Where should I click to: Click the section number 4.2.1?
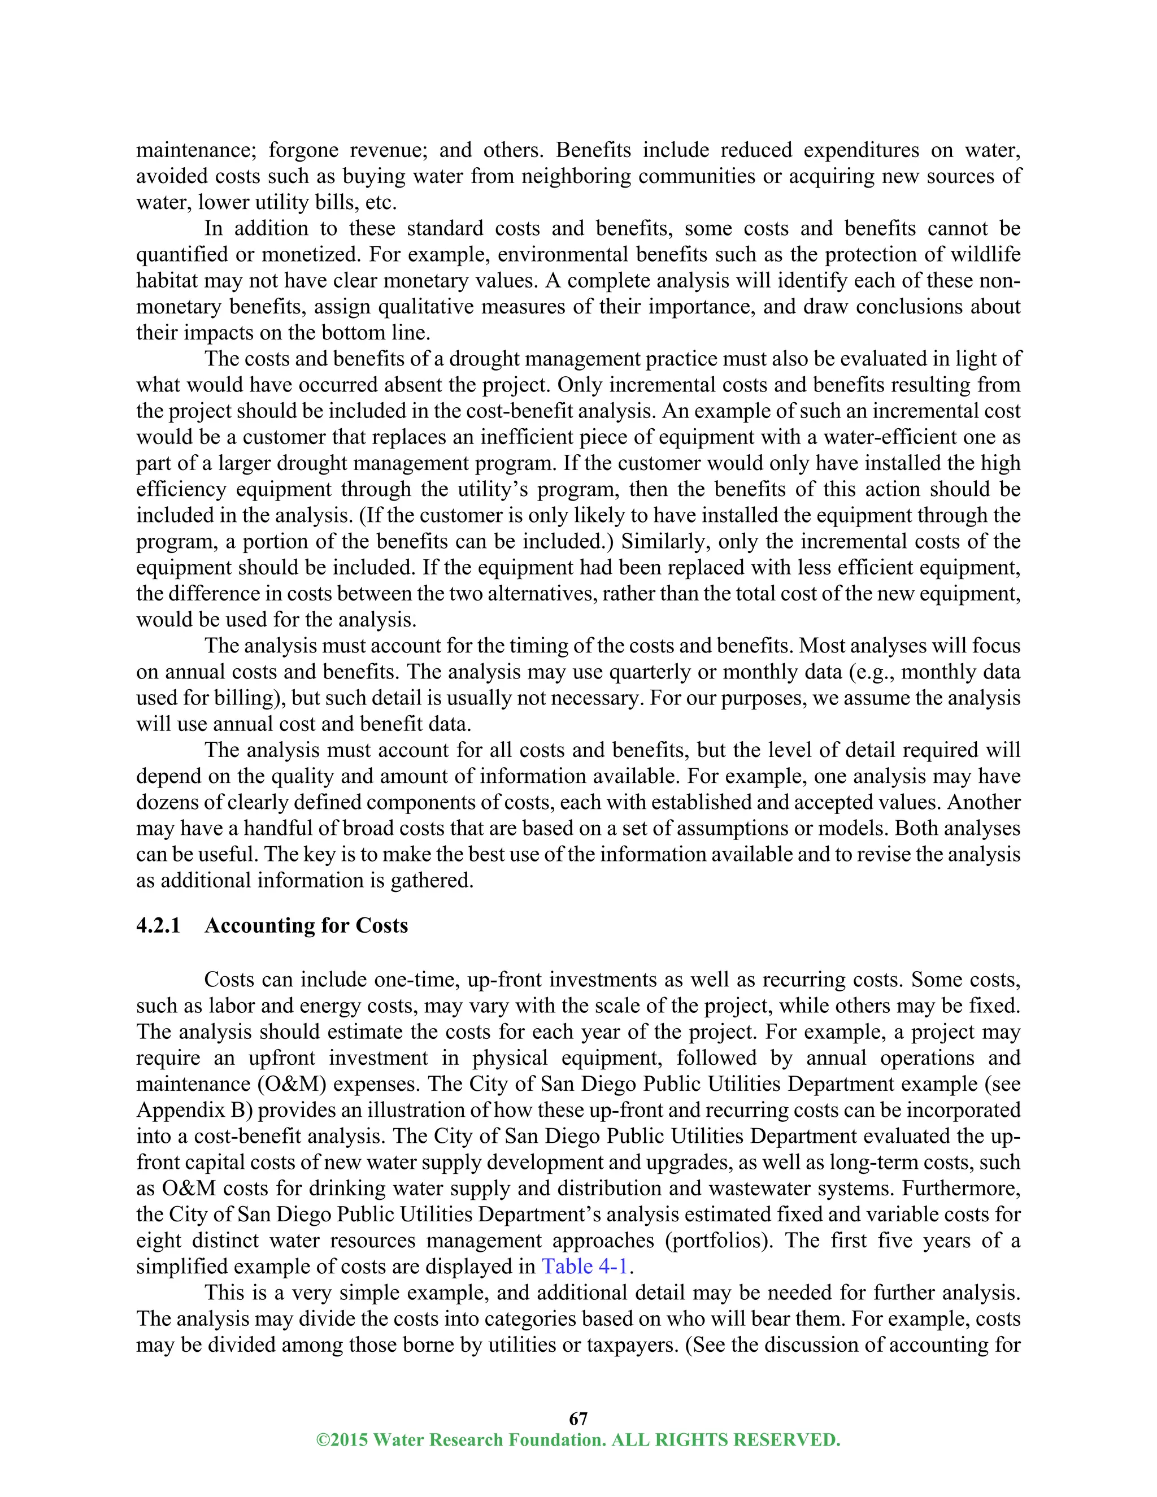pyautogui.click(x=158, y=925)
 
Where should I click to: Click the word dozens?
pyautogui.click(x=164, y=802)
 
